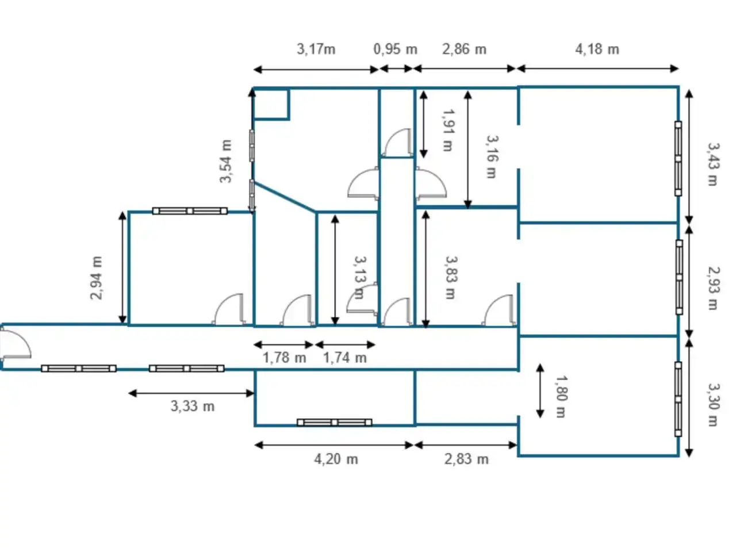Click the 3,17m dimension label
pos(316,49)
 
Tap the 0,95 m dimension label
pos(396,49)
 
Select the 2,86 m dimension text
pos(464,49)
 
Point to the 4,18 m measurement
pos(597,49)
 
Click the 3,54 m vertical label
pos(225,161)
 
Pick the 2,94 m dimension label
pos(96,278)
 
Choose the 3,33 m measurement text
pos(193,406)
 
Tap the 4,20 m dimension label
pos(336,459)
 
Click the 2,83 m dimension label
pos(466,459)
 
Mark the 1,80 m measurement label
pos(562,397)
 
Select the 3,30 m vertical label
pos(712,405)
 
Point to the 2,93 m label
pos(712,288)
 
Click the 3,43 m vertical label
pos(712,164)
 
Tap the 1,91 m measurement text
pos(448,130)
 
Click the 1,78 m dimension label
pos(285,358)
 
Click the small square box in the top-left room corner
pos(271,105)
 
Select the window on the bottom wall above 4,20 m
pos(334,422)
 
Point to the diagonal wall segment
pos(285,197)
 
